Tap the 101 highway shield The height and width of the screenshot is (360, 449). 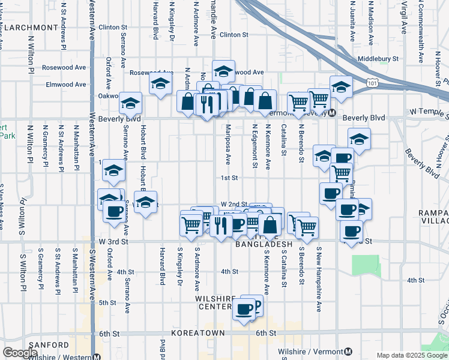click(x=373, y=79)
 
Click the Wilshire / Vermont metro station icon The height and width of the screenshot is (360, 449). click(x=349, y=350)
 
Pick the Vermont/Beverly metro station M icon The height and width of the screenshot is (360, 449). click(x=331, y=113)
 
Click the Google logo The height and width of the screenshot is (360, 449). click(x=20, y=353)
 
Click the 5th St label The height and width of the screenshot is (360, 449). click(x=107, y=302)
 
